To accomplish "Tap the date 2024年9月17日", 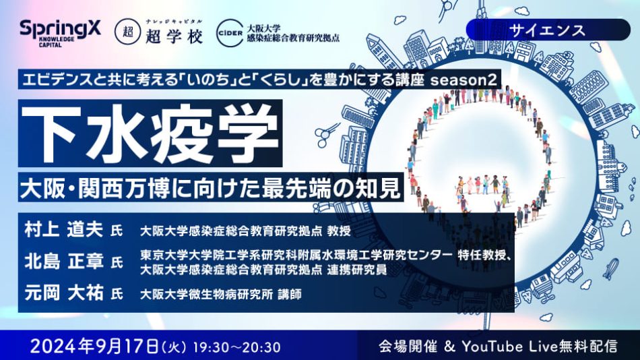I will point(92,346).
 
